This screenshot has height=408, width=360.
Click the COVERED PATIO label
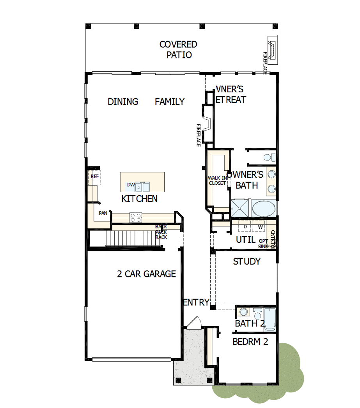179,49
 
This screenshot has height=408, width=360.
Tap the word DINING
123,102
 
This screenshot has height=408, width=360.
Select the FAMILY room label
170,102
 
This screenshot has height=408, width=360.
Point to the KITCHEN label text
139,199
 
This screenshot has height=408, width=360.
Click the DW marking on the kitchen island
131,185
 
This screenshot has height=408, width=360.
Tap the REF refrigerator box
94,177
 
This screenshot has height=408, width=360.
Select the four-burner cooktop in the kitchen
136,217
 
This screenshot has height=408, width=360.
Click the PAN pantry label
103,213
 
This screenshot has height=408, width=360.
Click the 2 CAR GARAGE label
146,274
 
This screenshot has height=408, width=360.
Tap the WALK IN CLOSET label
217,180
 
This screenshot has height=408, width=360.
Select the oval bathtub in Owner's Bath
264,208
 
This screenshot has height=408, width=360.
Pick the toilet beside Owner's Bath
268,157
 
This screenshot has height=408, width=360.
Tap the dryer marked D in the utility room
245,226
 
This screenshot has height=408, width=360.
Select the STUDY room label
247,261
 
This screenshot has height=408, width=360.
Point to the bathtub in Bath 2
270,320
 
